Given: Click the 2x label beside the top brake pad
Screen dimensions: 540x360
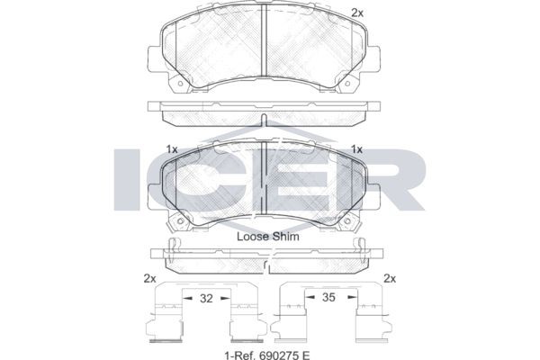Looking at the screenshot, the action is click(x=357, y=13).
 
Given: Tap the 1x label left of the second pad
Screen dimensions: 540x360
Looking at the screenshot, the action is click(x=172, y=149).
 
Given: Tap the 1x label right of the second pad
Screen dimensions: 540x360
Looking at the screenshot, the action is click(x=356, y=149).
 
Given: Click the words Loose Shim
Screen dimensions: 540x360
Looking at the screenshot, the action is click(x=268, y=237).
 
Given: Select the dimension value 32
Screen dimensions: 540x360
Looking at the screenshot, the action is click(x=206, y=298).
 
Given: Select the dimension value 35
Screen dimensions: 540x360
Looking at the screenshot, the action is click(x=328, y=297).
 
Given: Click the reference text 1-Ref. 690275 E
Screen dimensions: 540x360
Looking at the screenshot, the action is click(x=267, y=354).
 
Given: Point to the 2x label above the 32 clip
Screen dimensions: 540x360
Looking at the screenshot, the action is click(x=149, y=278).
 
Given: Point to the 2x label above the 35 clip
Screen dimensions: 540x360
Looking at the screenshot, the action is click(x=390, y=278).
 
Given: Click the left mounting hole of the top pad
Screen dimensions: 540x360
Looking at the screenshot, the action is click(x=180, y=84).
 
